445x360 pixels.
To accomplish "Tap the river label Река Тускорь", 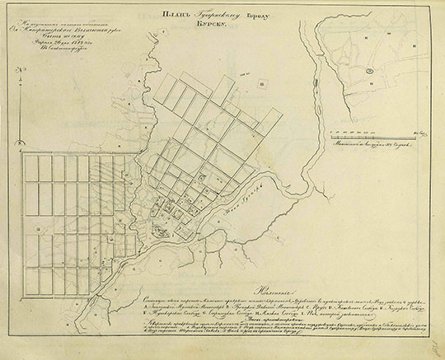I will pos(235,199).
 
